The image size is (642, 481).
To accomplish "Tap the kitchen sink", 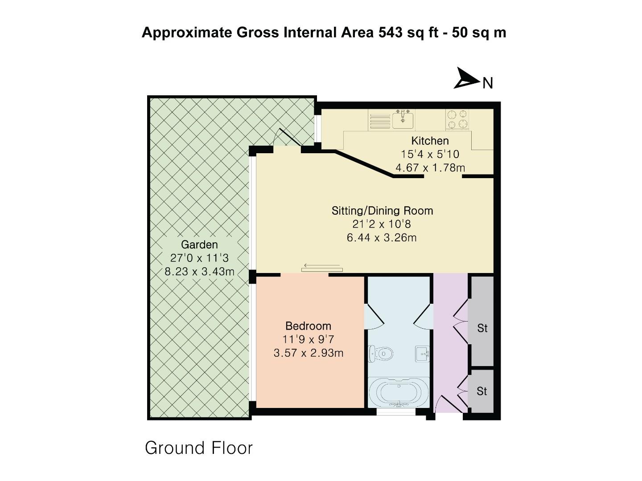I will tap(403, 120).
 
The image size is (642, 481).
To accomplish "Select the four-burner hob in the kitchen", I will tap(457, 119).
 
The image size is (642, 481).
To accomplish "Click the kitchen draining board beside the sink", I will tap(379, 120).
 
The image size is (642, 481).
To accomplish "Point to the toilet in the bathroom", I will tap(382, 354).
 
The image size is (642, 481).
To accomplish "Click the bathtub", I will tap(399, 392).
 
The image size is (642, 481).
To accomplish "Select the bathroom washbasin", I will tap(422, 354).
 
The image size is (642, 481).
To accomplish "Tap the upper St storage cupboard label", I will tap(482, 329).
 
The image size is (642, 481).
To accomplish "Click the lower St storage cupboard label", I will tap(481, 391).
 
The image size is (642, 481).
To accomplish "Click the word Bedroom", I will tap(308, 326).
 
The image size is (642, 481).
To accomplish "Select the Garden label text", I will tap(199, 245).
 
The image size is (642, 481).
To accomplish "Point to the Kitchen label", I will tap(430, 141).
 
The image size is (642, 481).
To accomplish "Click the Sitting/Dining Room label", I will tap(382, 211).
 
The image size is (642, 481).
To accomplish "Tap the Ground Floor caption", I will tap(199, 448).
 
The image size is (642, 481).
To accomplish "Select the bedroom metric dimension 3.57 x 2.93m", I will tap(308, 353).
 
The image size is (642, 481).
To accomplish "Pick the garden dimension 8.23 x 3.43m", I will tap(199, 271).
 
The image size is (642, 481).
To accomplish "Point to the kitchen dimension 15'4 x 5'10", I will tap(430, 154).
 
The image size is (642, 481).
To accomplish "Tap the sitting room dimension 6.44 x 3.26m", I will tap(382, 237).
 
